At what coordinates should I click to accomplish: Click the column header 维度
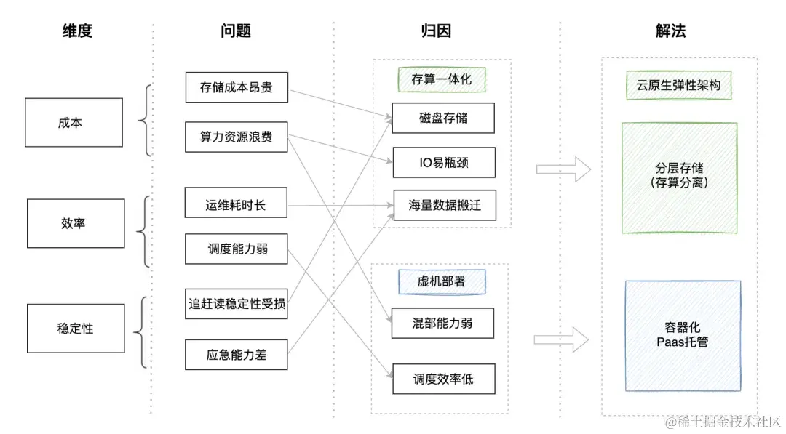pyautogui.click(x=76, y=31)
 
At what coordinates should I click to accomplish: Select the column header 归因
pyautogui.click(x=436, y=31)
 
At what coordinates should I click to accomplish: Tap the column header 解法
pyautogui.click(x=670, y=31)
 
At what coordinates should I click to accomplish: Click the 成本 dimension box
pyautogui.click(x=70, y=123)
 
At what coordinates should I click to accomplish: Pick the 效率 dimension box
pyautogui.click(x=73, y=223)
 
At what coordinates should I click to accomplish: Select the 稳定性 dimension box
pyautogui.click(x=76, y=328)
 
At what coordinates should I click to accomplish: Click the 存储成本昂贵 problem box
pyautogui.click(x=237, y=87)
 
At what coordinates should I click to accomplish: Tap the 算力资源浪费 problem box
pyautogui.click(x=237, y=137)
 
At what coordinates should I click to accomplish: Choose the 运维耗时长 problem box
pyautogui.click(x=236, y=205)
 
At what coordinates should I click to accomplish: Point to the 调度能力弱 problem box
pyautogui.click(x=237, y=249)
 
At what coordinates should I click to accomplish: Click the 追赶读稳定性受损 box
pyautogui.click(x=237, y=304)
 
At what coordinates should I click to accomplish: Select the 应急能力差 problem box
pyautogui.click(x=237, y=355)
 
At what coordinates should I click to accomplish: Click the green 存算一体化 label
pyautogui.click(x=441, y=79)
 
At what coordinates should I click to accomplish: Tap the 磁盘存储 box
pyautogui.click(x=443, y=118)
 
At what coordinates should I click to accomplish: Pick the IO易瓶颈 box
pyautogui.click(x=443, y=163)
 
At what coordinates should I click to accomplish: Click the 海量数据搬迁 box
pyautogui.click(x=444, y=206)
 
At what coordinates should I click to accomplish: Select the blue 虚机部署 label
pyautogui.click(x=442, y=281)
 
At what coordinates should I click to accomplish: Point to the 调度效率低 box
pyautogui.click(x=443, y=379)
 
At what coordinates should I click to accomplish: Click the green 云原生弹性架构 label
pyautogui.click(x=678, y=85)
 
